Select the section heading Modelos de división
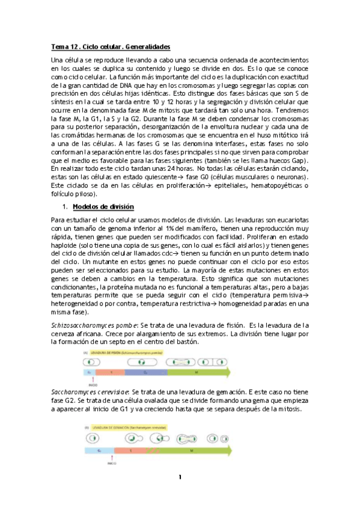pyautogui.click(x=103, y=206)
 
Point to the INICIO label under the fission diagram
pyautogui.click(x=92, y=385)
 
